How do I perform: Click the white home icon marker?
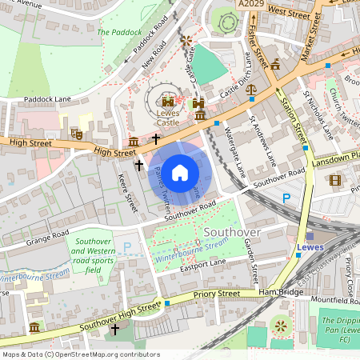[180, 172]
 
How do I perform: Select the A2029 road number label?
[250, 5]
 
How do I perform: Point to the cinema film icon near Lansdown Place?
[334, 180]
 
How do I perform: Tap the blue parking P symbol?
[287, 198]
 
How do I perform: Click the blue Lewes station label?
[310, 247]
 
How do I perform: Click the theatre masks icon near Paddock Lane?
[78, 133]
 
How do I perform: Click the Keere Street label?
[128, 192]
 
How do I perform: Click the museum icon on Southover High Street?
[34, 327]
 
